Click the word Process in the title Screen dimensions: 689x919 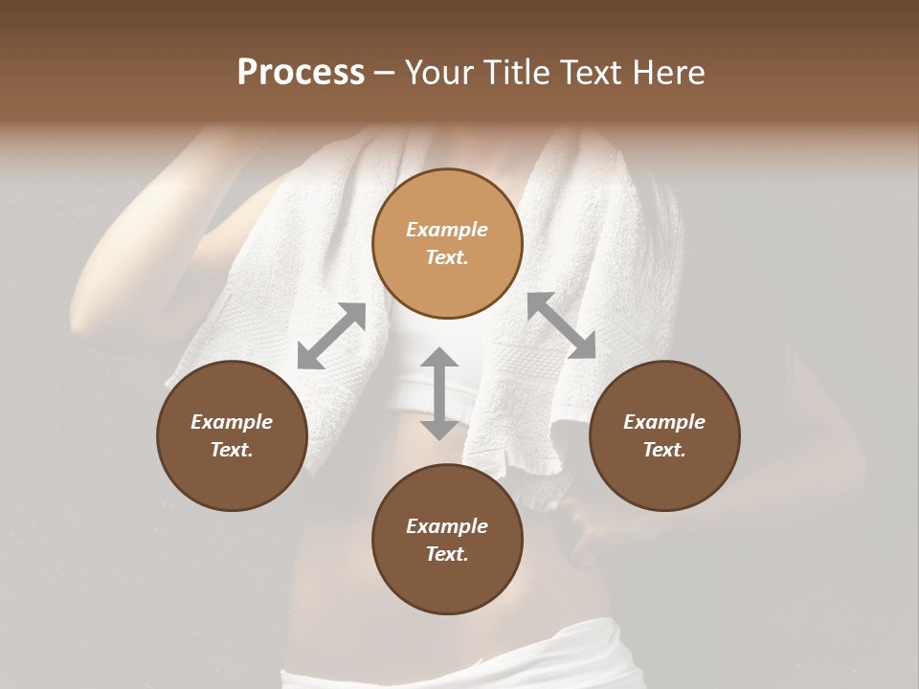pyautogui.click(x=301, y=73)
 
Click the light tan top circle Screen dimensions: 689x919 pyautogui.click(x=447, y=243)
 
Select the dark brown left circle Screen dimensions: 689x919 pyautogui.click(x=232, y=435)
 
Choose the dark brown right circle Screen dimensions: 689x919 pyautogui.click(x=664, y=435)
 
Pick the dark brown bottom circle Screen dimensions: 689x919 pyautogui.click(x=447, y=540)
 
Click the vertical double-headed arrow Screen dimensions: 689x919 pyautogui.click(x=439, y=393)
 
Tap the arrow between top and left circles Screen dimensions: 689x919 pyautogui.click(x=331, y=336)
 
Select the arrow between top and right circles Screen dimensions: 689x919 pyautogui.click(x=561, y=325)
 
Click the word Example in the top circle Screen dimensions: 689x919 pyautogui.click(x=447, y=230)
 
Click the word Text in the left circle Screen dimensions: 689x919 pyautogui.click(x=232, y=450)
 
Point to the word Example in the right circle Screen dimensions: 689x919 pyautogui.click(x=664, y=422)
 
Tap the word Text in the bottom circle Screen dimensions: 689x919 pyautogui.click(x=447, y=554)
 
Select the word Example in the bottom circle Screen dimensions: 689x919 pyautogui.click(x=447, y=526)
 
